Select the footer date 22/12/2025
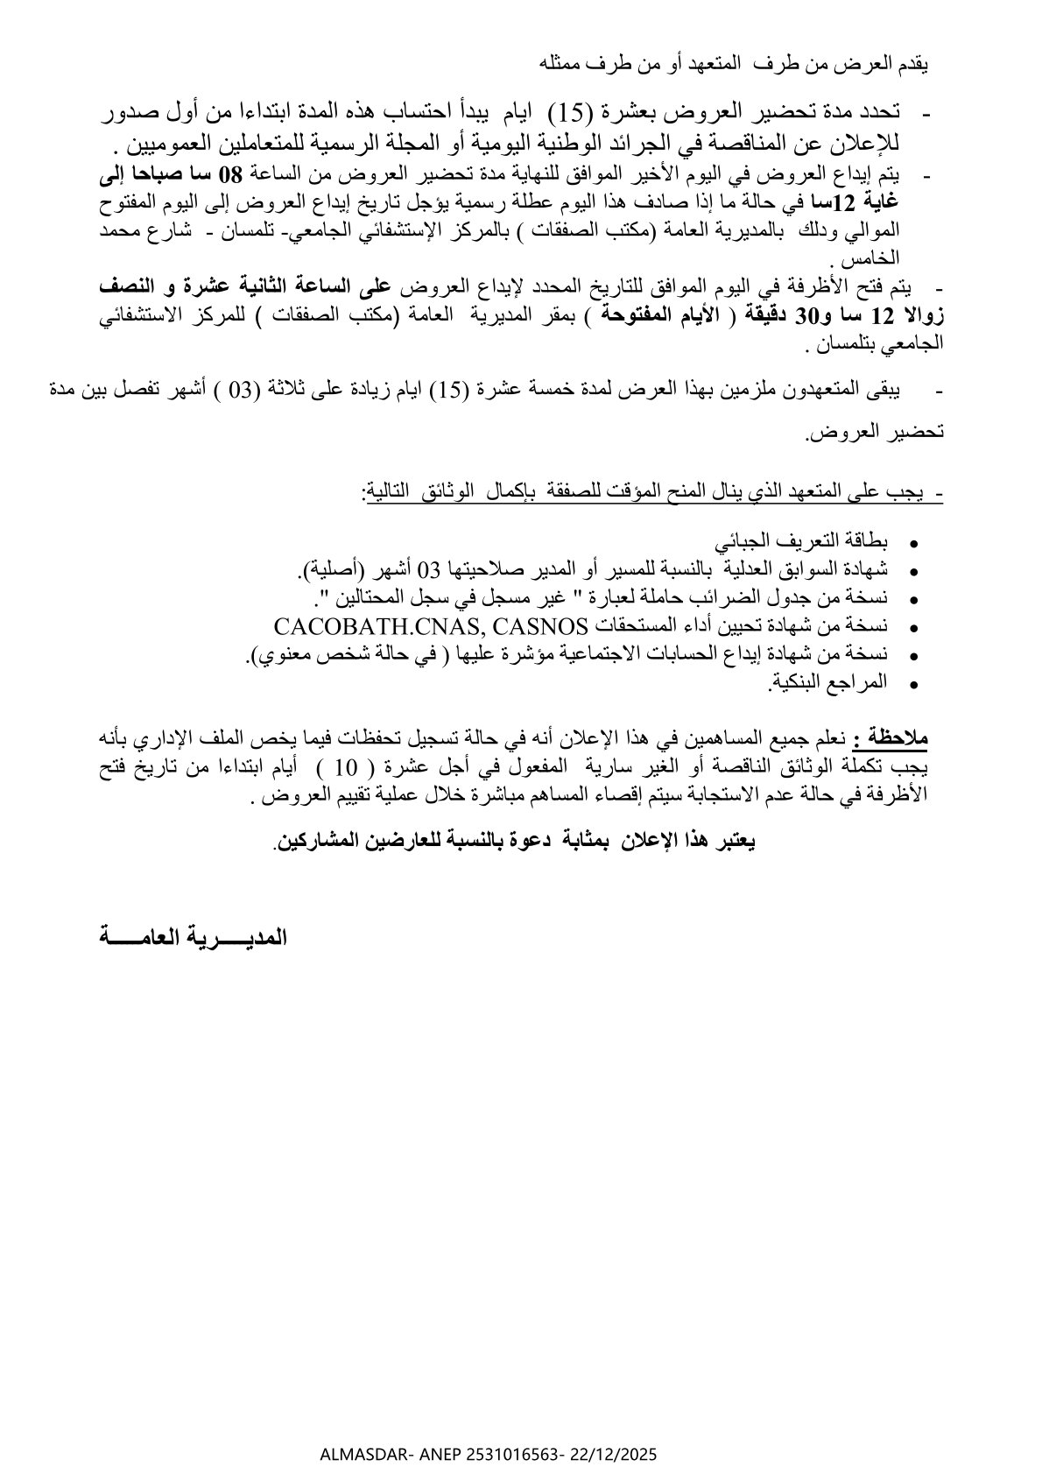click(x=612, y=1455)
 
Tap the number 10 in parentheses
click(x=346, y=768)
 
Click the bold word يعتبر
click(x=733, y=841)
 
